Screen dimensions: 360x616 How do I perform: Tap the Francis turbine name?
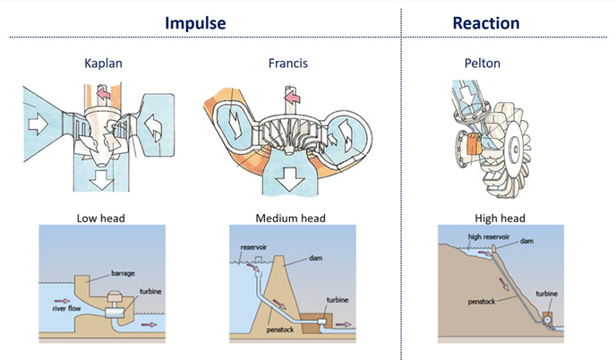pos(287,64)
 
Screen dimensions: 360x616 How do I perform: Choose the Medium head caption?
pos(290,218)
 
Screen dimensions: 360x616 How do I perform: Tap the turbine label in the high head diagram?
pos(547,294)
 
